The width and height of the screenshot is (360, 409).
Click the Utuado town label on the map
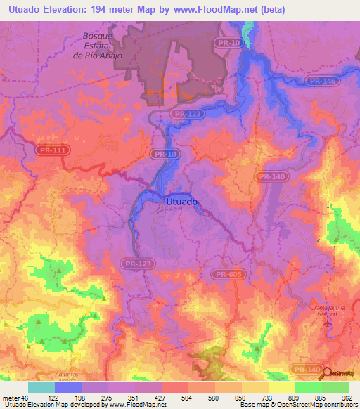[184, 201]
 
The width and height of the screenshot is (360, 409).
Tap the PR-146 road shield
[320, 82]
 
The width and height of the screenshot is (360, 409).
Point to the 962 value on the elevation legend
[348, 397]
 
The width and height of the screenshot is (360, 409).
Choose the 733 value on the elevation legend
[269, 397]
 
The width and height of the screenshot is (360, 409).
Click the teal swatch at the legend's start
[41, 387]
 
